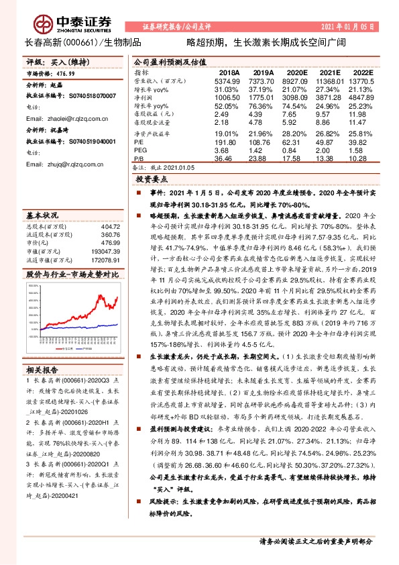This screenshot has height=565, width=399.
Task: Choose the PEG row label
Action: pyautogui.click(x=140, y=151)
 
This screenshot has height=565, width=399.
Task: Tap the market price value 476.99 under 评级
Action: pyautogui.click(x=67, y=74)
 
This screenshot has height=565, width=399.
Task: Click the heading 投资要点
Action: pyautogui.click(x=152, y=181)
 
